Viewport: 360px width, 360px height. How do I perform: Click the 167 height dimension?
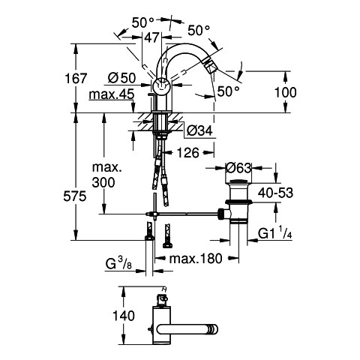(76, 78)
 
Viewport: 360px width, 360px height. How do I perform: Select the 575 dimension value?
(75, 196)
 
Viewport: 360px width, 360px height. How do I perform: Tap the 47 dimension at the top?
(152, 37)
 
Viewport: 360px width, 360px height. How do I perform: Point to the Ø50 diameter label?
(122, 78)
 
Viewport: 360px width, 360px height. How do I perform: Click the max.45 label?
(112, 94)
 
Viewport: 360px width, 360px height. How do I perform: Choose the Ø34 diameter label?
(199, 130)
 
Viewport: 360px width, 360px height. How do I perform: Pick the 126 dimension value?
(188, 152)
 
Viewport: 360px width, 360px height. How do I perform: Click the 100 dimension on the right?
(286, 92)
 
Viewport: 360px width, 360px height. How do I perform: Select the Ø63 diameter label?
(238, 168)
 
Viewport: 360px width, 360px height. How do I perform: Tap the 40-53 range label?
(275, 193)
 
